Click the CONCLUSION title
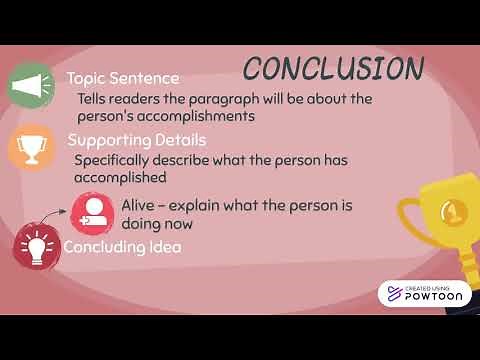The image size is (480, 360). click(x=333, y=68)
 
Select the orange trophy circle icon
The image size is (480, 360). click(x=31, y=146)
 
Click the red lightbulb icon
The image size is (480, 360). click(x=35, y=246)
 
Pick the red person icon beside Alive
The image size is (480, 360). click(x=94, y=211)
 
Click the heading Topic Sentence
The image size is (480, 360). click(x=123, y=78)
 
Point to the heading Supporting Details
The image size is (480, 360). click(x=136, y=140)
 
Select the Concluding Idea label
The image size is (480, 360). click(x=122, y=246)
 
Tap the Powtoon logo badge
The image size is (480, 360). click(x=424, y=293)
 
